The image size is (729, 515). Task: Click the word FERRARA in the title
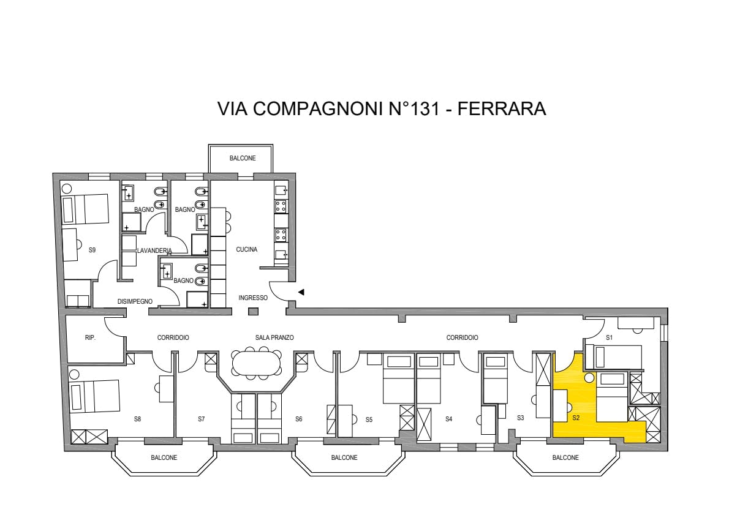pyautogui.click(x=502, y=108)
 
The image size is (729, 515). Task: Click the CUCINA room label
pyautogui.click(x=246, y=250)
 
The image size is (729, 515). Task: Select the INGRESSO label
pyautogui.click(x=253, y=298)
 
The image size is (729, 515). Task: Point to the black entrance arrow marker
pyautogui.click(x=301, y=292)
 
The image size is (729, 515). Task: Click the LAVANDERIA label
pyautogui.click(x=154, y=250)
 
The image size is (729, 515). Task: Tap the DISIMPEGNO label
pyautogui.click(x=135, y=302)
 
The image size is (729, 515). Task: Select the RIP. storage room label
pyautogui.click(x=90, y=338)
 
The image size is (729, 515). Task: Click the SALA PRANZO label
pyautogui.click(x=274, y=338)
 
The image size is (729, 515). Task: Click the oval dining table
pyautogui.click(x=257, y=363)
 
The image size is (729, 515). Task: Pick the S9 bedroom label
pyautogui.click(x=92, y=250)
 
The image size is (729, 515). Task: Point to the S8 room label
pyautogui.click(x=137, y=419)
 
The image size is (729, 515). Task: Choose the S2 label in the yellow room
pyautogui.click(x=576, y=418)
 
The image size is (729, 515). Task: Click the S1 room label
pyautogui.click(x=609, y=338)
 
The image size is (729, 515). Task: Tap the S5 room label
pyautogui.click(x=369, y=419)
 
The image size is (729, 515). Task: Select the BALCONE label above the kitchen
pyautogui.click(x=243, y=159)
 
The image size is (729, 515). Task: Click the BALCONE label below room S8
pyautogui.click(x=164, y=458)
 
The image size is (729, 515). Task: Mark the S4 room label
pyautogui.click(x=448, y=419)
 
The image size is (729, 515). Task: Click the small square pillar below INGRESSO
pyautogui.click(x=253, y=312)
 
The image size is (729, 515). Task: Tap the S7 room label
pyautogui.click(x=202, y=419)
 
